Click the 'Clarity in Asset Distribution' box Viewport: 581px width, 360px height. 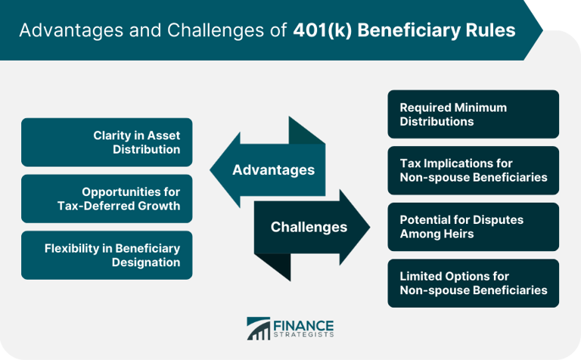point(107,142)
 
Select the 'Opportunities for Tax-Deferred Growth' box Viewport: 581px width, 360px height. point(107,199)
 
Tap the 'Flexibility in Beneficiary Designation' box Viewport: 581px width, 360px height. point(107,255)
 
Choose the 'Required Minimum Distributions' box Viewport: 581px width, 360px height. point(473,114)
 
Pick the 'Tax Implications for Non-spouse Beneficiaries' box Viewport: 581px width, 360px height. point(473,170)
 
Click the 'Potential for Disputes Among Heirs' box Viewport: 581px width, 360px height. point(473,227)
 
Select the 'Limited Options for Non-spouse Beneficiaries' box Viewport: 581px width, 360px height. point(473,283)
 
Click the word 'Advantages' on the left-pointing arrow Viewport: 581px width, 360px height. point(273,170)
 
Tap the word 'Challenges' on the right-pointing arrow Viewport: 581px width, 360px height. point(309,227)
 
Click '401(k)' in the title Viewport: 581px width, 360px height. point(320,31)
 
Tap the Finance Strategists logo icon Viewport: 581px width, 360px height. point(258,328)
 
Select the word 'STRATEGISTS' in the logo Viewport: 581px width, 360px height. point(303,334)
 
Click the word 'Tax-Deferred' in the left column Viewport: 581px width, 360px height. point(107,206)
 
